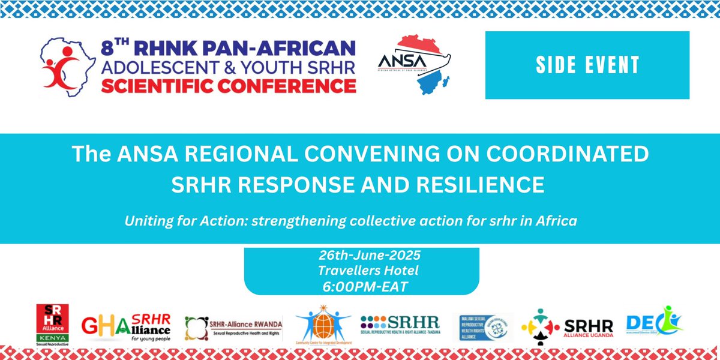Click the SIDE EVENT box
[587, 65]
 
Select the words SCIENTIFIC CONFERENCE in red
[229, 86]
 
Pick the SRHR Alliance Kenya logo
[52, 325]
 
